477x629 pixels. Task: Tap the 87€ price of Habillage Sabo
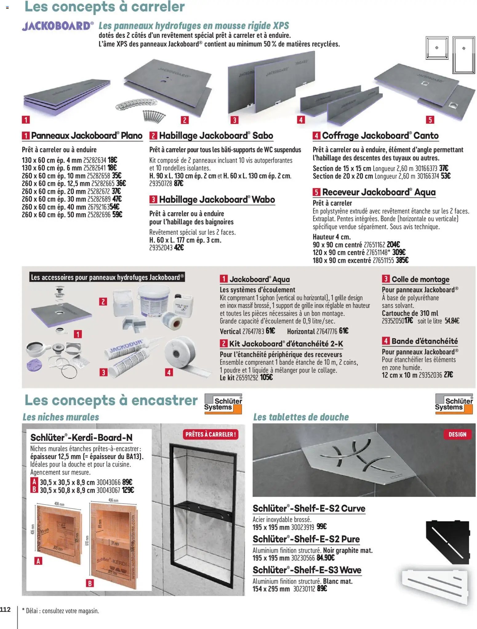(x=178, y=184)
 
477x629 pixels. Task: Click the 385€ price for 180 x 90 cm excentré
(x=402, y=260)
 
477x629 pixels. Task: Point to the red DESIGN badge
(x=457, y=434)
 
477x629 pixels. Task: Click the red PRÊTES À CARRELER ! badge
(x=211, y=434)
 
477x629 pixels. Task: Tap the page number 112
(x=5, y=609)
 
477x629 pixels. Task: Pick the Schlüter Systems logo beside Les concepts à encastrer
(x=223, y=404)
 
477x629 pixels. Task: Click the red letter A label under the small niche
(x=38, y=561)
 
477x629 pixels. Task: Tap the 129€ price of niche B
(x=128, y=490)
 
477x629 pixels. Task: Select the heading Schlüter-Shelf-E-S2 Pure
(x=306, y=539)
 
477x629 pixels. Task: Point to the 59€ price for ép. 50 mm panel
(x=117, y=215)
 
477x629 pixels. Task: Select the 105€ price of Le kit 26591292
(x=266, y=378)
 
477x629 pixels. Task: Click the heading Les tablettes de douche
(x=301, y=417)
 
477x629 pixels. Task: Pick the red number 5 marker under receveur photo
(x=430, y=120)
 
